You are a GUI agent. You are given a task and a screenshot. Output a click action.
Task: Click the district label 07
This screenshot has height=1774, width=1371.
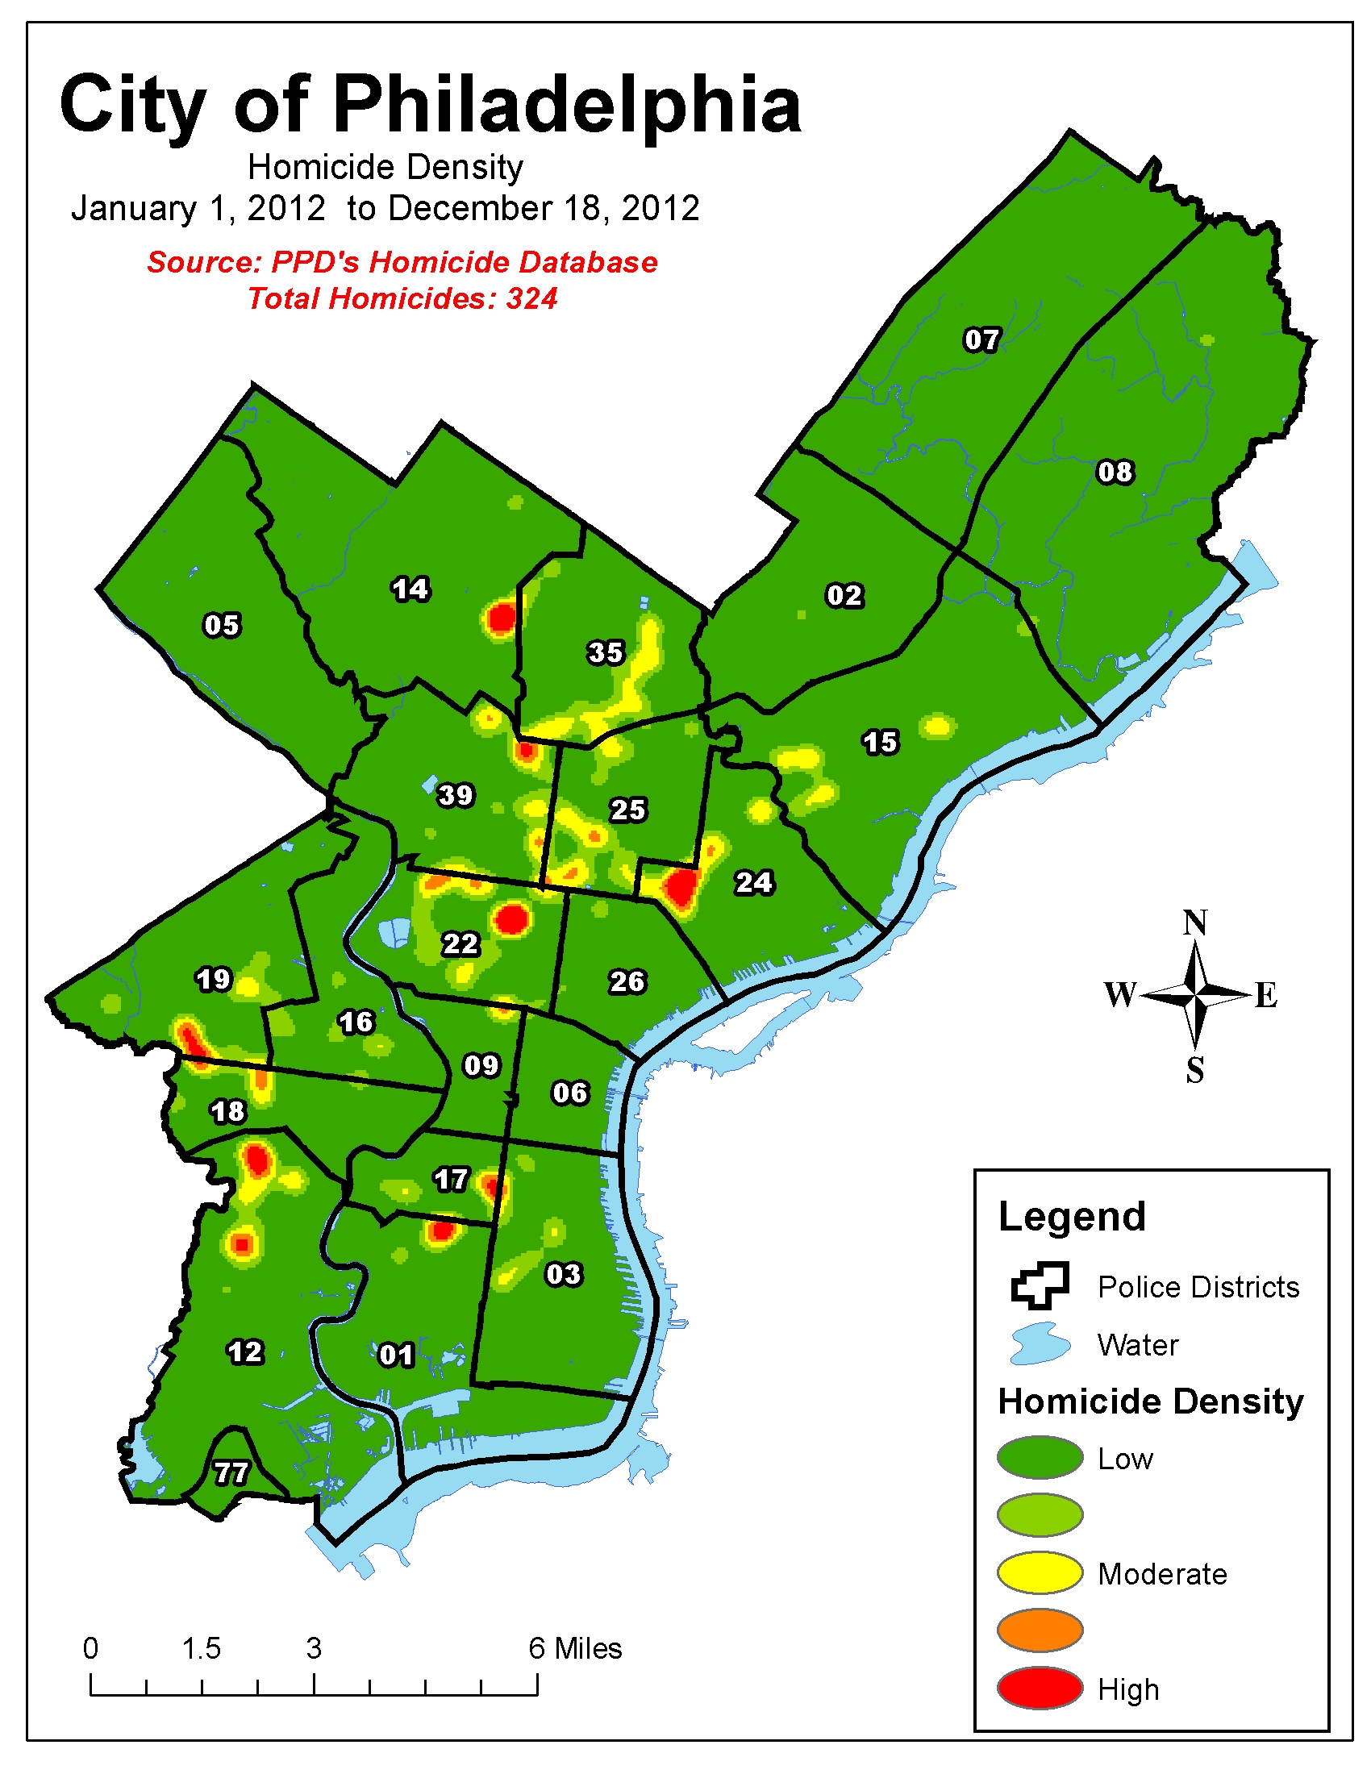click(x=981, y=339)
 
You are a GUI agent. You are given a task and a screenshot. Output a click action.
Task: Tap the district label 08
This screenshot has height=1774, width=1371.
click(x=1115, y=472)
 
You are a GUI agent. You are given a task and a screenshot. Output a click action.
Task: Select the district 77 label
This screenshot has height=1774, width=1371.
click(x=231, y=1472)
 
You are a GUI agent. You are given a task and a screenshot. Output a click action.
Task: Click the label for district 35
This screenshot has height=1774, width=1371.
click(x=606, y=652)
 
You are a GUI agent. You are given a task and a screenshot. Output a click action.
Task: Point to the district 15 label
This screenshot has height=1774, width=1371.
click(x=881, y=743)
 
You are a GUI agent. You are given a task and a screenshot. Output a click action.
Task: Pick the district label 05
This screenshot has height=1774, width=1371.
click(x=222, y=626)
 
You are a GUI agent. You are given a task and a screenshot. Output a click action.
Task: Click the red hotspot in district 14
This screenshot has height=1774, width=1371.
click(x=501, y=619)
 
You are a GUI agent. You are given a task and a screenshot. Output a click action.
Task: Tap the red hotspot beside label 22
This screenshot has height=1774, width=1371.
click(x=512, y=920)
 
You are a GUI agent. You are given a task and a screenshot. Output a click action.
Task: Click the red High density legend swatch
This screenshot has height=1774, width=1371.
click(x=1040, y=1689)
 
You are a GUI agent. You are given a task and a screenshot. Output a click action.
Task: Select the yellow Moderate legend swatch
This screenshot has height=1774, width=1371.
click(x=1040, y=1573)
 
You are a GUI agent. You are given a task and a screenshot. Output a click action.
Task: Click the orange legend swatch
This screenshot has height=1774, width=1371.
click(x=1040, y=1630)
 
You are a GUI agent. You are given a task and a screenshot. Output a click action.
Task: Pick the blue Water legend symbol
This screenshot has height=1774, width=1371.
click(x=1040, y=1344)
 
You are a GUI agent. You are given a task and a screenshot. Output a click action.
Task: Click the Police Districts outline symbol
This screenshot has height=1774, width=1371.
click(x=1040, y=1286)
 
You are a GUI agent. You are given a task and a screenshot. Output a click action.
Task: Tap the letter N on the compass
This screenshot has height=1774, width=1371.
click(x=1194, y=923)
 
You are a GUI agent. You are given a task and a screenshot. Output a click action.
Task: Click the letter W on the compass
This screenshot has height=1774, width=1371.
click(x=1120, y=994)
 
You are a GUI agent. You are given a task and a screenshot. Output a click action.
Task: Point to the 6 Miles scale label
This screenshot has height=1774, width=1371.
click(x=575, y=1649)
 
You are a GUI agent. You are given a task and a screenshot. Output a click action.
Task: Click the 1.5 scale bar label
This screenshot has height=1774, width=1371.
click(x=201, y=1649)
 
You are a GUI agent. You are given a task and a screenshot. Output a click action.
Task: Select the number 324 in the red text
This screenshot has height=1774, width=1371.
click(x=532, y=299)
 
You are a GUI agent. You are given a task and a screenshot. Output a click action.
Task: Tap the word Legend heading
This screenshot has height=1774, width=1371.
click(x=1071, y=1217)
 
